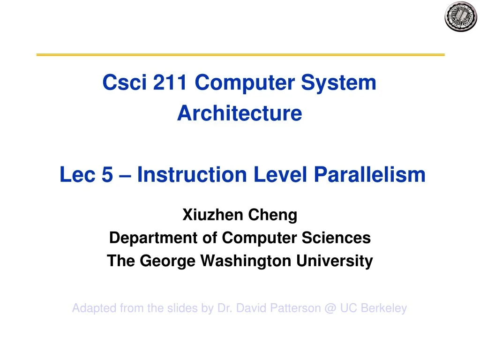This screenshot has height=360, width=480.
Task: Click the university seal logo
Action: point(460,17)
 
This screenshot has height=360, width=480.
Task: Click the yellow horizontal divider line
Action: point(240,55)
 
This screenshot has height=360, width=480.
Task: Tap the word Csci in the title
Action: point(119,83)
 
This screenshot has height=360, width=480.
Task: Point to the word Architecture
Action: point(240,113)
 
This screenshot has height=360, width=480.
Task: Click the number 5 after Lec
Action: point(107,175)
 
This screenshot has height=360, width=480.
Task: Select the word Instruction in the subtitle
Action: point(192,175)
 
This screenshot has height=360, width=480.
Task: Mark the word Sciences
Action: point(340,238)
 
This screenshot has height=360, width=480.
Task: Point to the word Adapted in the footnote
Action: point(94,308)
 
